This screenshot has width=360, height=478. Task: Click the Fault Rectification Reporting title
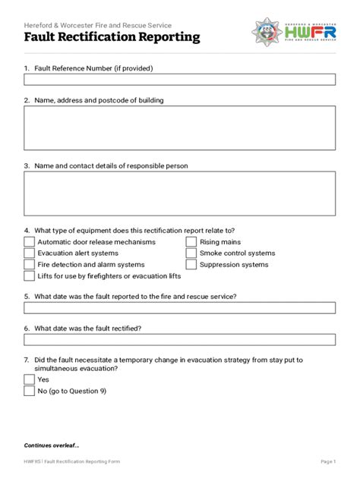(112, 36)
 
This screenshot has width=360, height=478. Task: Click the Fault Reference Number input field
(179, 80)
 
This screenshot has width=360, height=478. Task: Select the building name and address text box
(179, 127)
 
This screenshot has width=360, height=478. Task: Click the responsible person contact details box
(179, 193)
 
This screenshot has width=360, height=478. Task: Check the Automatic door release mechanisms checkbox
(29, 242)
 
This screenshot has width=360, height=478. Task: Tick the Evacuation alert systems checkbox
(29, 253)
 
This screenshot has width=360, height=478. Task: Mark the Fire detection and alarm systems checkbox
(29, 265)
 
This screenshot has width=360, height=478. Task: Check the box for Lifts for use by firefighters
(29, 276)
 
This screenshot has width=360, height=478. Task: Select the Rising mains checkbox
(191, 242)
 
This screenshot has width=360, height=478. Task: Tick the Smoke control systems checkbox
(191, 253)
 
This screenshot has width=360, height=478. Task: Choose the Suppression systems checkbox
(191, 265)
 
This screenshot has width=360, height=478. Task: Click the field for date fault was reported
(179, 308)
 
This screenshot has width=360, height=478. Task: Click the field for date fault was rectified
(179, 339)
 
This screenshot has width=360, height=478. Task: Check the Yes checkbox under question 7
(29, 379)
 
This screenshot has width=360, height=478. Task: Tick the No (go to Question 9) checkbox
(29, 391)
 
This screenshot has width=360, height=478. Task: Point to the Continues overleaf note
(52, 445)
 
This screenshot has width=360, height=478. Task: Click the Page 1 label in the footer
(328, 461)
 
